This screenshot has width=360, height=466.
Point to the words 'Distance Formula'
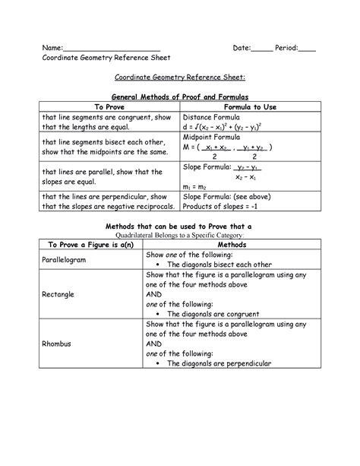click(x=213, y=118)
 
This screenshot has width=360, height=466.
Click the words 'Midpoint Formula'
click(x=215, y=138)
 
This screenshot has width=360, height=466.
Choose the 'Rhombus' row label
click(x=56, y=343)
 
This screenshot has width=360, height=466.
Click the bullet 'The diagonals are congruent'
click(x=217, y=313)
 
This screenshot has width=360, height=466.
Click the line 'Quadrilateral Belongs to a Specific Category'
click(x=179, y=236)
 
